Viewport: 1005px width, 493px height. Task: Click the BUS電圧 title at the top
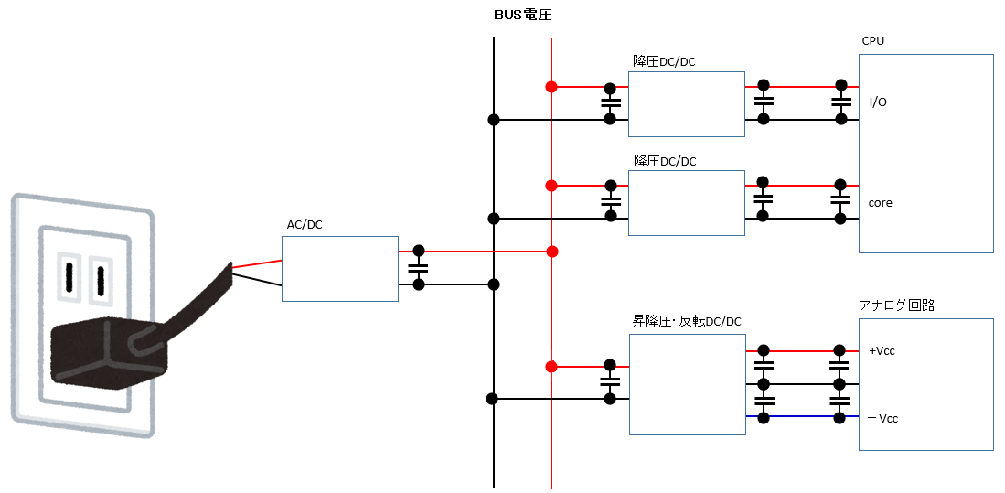[x=522, y=16]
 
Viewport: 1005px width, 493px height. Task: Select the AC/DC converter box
[x=339, y=269]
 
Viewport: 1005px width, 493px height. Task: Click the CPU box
[x=925, y=153]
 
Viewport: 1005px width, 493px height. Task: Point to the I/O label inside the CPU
[x=877, y=102]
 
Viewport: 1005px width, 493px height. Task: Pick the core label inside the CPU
[x=881, y=202]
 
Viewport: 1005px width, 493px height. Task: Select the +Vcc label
[x=882, y=351]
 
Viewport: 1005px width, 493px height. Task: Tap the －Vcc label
[x=882, y=418]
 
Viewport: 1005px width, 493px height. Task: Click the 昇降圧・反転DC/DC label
[x=686, y=321]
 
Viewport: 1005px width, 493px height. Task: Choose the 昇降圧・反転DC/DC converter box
[x=687, y=384]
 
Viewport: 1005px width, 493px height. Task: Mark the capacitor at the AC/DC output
[x=419, y=268]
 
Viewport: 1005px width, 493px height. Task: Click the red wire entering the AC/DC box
[x=257, y=264]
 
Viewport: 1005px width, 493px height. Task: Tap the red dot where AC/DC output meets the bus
[x=551, y=251]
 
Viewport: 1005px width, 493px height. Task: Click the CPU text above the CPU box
[x=872, y=41]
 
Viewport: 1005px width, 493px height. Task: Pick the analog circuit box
[x=925, y=384]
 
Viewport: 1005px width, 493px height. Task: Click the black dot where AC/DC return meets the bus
[x=494, y=284]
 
